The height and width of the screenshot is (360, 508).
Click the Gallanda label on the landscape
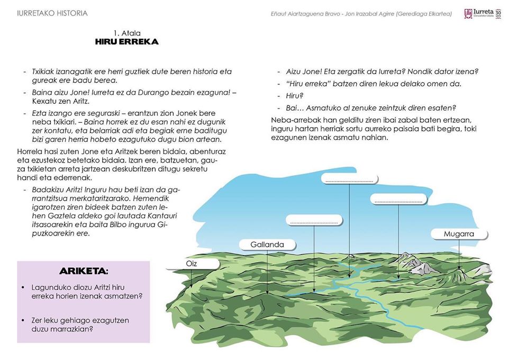tap(268, 244)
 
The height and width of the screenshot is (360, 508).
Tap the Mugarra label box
tap(459, 233)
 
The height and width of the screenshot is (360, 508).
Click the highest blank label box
tap(350, 179)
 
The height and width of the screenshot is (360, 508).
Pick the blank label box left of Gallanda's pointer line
tap(314, 220)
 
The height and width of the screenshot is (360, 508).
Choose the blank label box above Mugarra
tap(397, 200)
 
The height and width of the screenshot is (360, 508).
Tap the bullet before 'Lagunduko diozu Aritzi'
tap(23, 287)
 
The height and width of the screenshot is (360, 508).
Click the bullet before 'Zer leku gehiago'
tap(23, 321)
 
